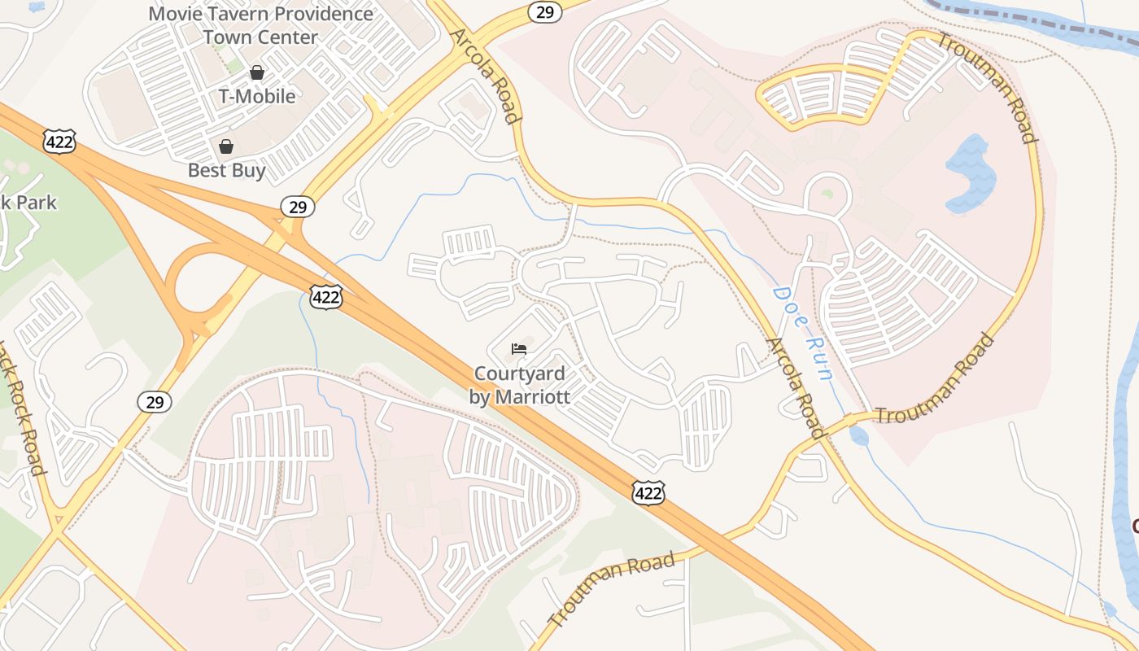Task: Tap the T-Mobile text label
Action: point(257,96)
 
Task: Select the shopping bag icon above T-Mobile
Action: point(257,72)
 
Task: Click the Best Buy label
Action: point(226,170)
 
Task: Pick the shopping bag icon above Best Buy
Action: point(226,146)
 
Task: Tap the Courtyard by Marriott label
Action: point(519,385)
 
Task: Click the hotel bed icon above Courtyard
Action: point(519,349)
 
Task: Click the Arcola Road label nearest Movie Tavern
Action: point(485,76)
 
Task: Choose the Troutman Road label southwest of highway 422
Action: point(612,588)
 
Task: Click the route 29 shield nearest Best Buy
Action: point(298,207)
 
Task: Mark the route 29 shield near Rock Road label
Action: point(154,401)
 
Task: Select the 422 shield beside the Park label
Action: point(61,141)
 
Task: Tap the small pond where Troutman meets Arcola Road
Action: point(859,436)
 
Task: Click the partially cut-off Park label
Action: point(28,202)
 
